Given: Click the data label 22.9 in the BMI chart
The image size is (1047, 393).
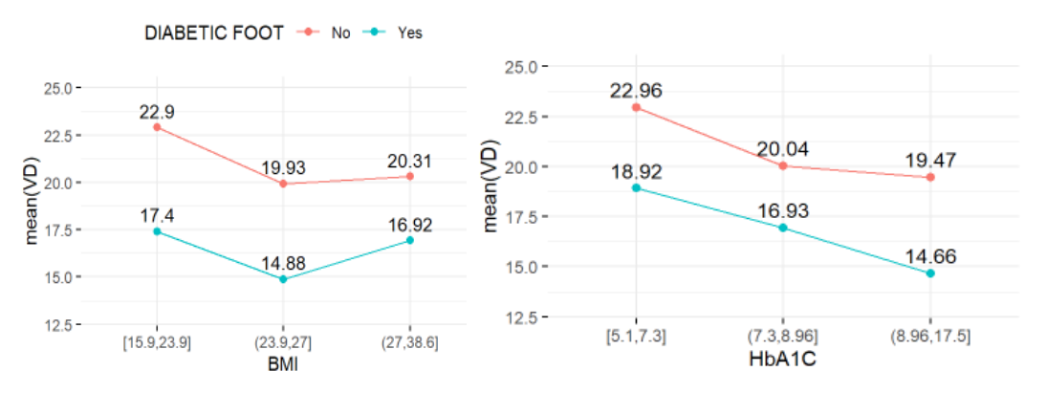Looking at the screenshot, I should pyautogui.click(x=157, y=111).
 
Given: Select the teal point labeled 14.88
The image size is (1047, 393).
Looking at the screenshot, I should pyautogui.click(x=283, y=279).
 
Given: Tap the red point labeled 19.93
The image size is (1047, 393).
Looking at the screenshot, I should pyautogui.click(x=283, y=184).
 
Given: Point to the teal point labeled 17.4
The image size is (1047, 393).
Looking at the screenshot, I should pyautogui.click(x=157, y=231).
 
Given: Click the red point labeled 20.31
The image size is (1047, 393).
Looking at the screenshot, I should pyautogui.click(x=409, y=176).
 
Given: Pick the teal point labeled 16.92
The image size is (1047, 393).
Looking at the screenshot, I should pyautogui.click(x=409, y=240).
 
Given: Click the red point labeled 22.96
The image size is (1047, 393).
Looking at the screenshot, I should pyautogui.click(x=636, y=107).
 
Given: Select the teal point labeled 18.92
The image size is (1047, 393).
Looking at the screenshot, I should pyautogui.click(x=636, y=187).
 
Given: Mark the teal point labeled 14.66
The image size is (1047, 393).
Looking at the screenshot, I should pyautogui.click(x=929, y=273).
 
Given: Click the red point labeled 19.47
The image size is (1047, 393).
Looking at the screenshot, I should pyautogui.click(x=929, y=177).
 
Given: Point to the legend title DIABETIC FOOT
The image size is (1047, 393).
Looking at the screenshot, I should pyautogui.click(x=213, y=33).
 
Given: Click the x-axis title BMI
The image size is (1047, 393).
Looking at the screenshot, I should pyautogui.click(x=282, y=364).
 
